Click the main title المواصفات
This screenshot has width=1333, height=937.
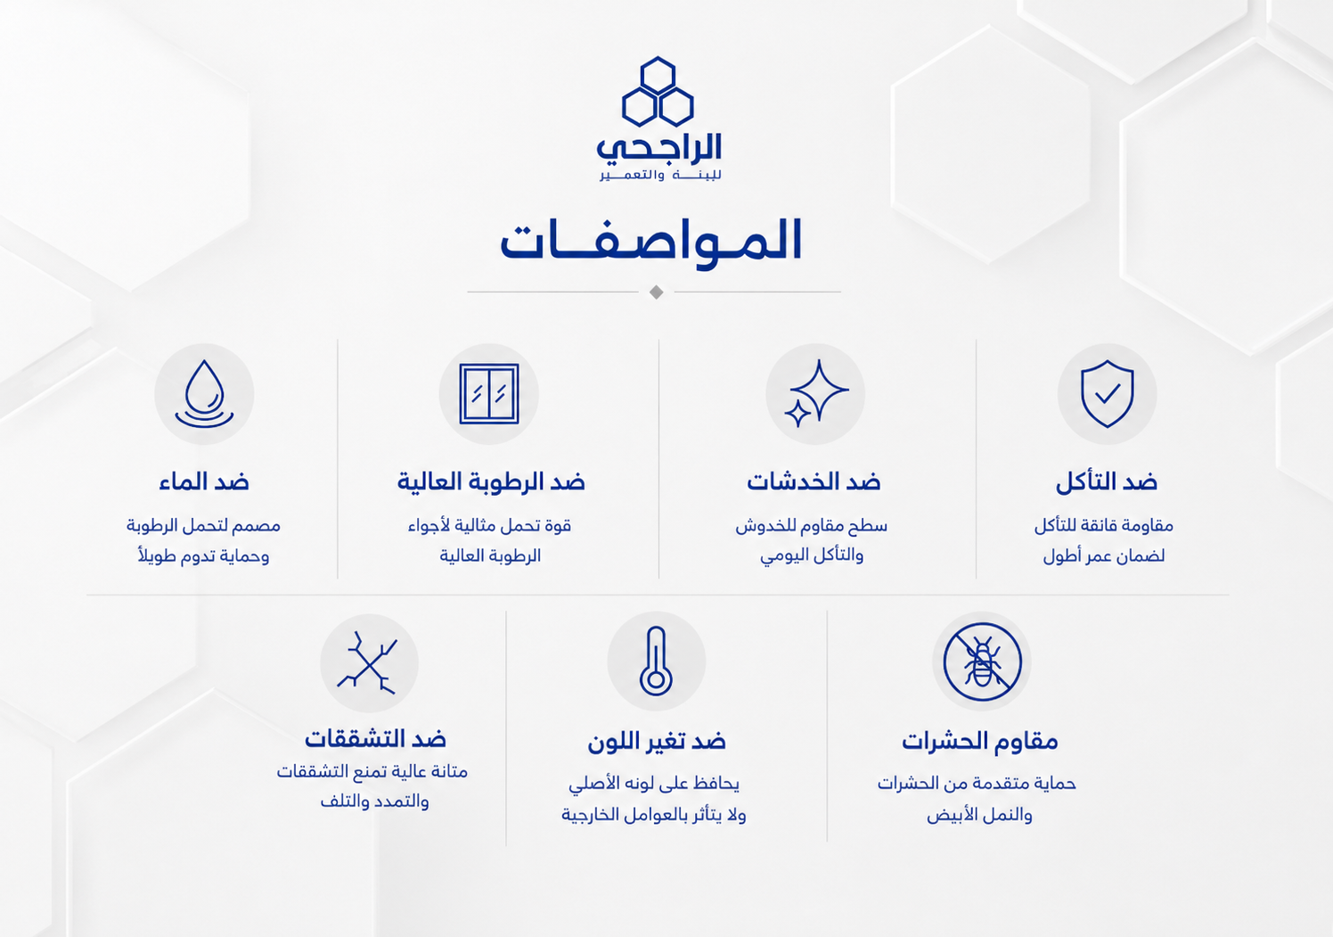coord(651,241)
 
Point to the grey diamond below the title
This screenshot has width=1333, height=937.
coord(657,292)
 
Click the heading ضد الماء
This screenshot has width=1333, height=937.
coord(204,481)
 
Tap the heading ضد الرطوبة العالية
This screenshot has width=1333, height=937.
coord(491,481)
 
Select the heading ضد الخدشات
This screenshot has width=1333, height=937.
coord(814,481)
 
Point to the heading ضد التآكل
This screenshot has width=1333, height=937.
coord(1107,481)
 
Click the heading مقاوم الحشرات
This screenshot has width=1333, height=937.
coord(979,741)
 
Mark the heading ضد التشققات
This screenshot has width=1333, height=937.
coord(375,739)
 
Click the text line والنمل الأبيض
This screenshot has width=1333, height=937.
coord(979,814)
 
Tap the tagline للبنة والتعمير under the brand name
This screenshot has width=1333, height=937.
coord(660,175)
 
